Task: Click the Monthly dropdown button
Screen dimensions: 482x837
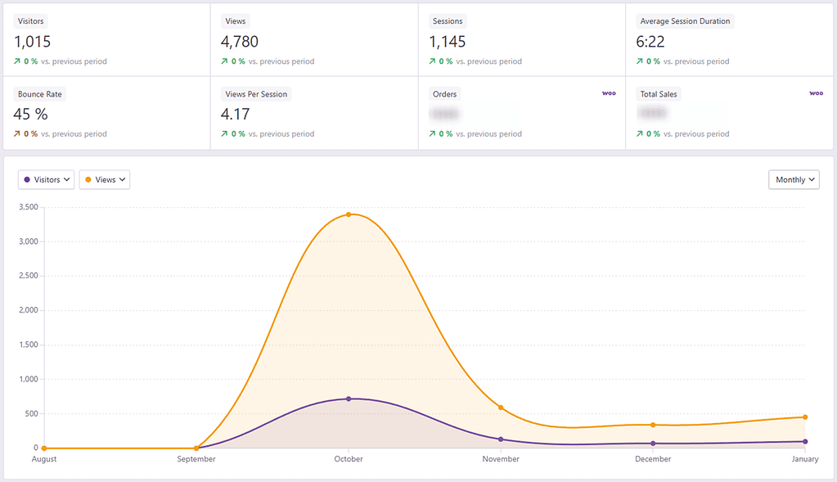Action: (x=794, y=179)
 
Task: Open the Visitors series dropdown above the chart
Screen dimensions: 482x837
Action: (x=47, y=179)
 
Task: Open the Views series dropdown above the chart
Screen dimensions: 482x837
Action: (x=105, y=179)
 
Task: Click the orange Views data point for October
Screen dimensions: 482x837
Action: (x=349, y=214)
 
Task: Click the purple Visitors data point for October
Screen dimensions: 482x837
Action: (x=349, y=399)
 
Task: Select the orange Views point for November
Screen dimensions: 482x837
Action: (x=501, y=408)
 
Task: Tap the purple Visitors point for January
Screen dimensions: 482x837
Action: (x=805, y=441)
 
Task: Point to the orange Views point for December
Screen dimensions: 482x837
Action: (x=653, y=425)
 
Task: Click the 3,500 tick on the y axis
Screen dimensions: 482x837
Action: (x=27, y=207)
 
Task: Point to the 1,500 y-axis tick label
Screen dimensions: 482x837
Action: (x=27, y=345)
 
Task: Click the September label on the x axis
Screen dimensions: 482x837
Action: (x=196, y=459)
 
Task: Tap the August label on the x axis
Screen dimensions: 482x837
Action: (x=44, y=459)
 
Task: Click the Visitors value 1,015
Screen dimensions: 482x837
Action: (x=33, y=42)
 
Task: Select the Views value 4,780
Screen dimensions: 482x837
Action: (x=240, y=42)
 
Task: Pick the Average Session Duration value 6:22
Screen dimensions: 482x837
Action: (x=651, y=42)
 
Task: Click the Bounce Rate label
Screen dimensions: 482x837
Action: (x=40, y=94)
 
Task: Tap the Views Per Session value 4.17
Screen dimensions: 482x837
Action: (x=236, y=114)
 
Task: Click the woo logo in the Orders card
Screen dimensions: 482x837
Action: (x=609, y=93)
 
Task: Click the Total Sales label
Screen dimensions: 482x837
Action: (x=659, y=94)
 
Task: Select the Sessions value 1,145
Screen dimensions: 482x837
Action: (x=448, y=42)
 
